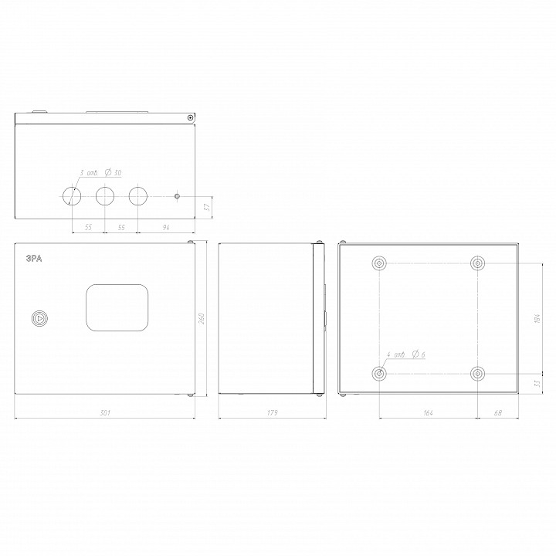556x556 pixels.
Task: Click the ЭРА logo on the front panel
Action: click(x=34, y=260)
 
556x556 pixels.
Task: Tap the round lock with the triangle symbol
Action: click(x=39, y=317)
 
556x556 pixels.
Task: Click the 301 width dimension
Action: click(x=104, y=413)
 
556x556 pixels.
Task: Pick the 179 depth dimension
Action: click(x=272, y=413)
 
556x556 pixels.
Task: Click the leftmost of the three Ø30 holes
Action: click(x=71, y=195)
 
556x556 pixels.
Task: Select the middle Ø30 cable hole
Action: click(x=104, y=195)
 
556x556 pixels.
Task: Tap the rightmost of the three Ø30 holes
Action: click(x=137, y=195)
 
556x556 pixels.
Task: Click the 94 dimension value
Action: click(x=166, y=228)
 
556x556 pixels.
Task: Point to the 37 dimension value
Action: click(x=207, y=207)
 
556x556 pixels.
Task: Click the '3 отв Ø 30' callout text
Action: click(x=100, y=174)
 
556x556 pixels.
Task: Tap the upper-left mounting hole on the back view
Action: click(x=379, y=264)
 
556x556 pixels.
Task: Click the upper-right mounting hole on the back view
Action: click(x=478, y=264)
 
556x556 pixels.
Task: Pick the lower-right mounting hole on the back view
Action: click(x=478, y=374)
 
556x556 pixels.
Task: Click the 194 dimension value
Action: click(x=537, y=318)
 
